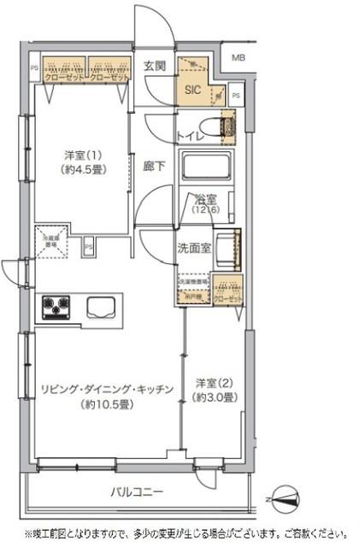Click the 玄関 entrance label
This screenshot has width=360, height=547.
point(154,66)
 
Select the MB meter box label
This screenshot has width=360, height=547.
point(236,57)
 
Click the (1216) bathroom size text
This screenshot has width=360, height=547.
point(204,211)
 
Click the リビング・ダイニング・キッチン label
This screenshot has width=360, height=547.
point(107,389)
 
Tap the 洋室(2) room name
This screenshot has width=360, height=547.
point(215,383)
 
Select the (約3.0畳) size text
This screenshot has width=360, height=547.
point(215,397)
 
